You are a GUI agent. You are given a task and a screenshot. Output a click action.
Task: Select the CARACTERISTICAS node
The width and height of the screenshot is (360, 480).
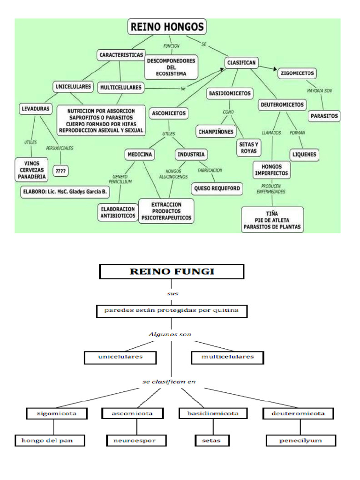(121, 55)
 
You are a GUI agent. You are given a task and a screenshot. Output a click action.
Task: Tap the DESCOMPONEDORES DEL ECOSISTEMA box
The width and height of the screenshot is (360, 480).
(171, 67)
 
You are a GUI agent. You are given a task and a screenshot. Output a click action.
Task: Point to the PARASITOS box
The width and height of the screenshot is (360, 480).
(324, 116)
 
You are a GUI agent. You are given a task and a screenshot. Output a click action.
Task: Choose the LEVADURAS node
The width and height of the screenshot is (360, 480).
(35, 109)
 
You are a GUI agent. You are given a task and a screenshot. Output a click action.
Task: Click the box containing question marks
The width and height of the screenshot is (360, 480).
(60, 171)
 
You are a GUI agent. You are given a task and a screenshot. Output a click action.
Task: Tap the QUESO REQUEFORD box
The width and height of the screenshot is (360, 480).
(217, 188)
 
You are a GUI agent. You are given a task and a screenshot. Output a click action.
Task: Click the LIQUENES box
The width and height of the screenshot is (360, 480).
(304, 154)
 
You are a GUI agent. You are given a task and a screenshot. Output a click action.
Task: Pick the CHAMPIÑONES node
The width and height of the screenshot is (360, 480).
(216, 132)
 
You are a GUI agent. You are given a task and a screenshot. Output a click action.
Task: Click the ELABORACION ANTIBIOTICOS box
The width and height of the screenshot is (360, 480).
(118, 212)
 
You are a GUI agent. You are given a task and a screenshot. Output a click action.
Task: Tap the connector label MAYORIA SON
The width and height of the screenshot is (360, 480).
(319, 90)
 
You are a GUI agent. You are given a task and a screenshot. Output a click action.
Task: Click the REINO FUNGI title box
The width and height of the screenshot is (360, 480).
(171, 271)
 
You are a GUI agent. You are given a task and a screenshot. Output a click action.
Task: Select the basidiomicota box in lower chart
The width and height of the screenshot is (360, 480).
(213, 413)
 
